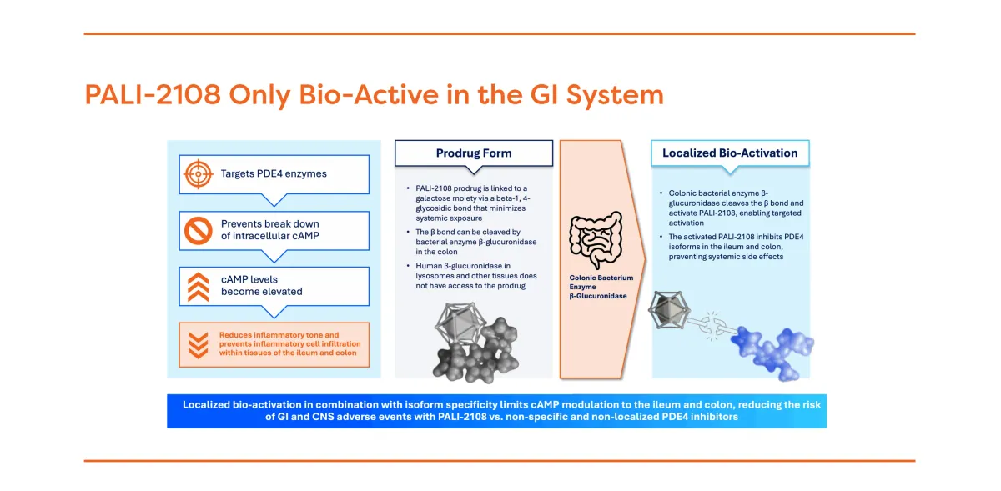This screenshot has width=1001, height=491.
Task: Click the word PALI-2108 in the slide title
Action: [x=153, y=95]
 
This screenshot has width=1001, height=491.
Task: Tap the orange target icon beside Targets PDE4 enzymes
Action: [x=198, y=174]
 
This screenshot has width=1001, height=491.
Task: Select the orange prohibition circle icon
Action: [x=198, y=229]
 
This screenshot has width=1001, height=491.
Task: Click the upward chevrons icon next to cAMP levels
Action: [x=198, y=286]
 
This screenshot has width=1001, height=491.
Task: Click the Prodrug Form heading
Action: [x=474, y=153]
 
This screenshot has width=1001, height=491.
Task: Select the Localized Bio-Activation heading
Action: [x=730, y=153]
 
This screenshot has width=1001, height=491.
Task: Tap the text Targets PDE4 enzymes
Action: [x=274, y=174]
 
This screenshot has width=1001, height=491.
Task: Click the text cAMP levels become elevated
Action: [x=262, y=286]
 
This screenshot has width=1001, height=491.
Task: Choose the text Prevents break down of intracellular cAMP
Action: [x=270, y=229]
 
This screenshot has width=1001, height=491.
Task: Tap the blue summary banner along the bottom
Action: [x=496, y=411]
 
